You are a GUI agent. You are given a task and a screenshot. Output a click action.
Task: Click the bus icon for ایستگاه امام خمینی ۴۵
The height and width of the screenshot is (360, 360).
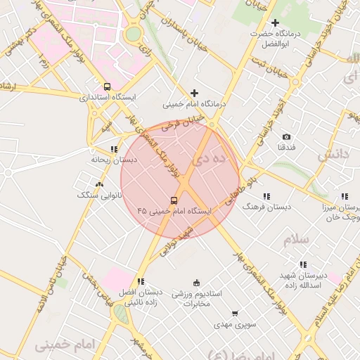point(174,200)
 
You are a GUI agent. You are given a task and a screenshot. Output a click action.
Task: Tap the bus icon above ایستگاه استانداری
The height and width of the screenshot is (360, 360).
point(106,86)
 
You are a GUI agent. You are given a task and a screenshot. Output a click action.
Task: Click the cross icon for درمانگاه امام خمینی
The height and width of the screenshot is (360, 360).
point(195,93)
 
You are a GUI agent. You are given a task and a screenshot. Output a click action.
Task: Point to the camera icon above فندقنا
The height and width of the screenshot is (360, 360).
point(286,136)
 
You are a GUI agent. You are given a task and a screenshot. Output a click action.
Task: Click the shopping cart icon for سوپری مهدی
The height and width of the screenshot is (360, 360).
point(235,314)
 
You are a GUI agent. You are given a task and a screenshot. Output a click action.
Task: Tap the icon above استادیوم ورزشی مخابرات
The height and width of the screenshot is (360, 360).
point(196,283)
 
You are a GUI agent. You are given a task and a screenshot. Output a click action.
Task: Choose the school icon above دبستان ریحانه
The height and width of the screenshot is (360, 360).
point(114,149)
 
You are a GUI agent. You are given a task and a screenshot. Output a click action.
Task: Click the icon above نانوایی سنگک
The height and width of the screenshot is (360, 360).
point(99,184)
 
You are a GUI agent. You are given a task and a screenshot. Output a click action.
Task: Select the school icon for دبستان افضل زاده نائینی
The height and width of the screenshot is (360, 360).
point(141,281)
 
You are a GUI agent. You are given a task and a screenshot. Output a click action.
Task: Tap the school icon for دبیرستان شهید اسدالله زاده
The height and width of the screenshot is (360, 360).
point(303,264)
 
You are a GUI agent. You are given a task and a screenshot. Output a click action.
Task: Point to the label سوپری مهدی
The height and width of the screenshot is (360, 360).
point(233,325)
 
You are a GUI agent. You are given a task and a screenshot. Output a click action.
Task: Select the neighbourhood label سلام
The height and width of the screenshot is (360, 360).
point(297,240)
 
